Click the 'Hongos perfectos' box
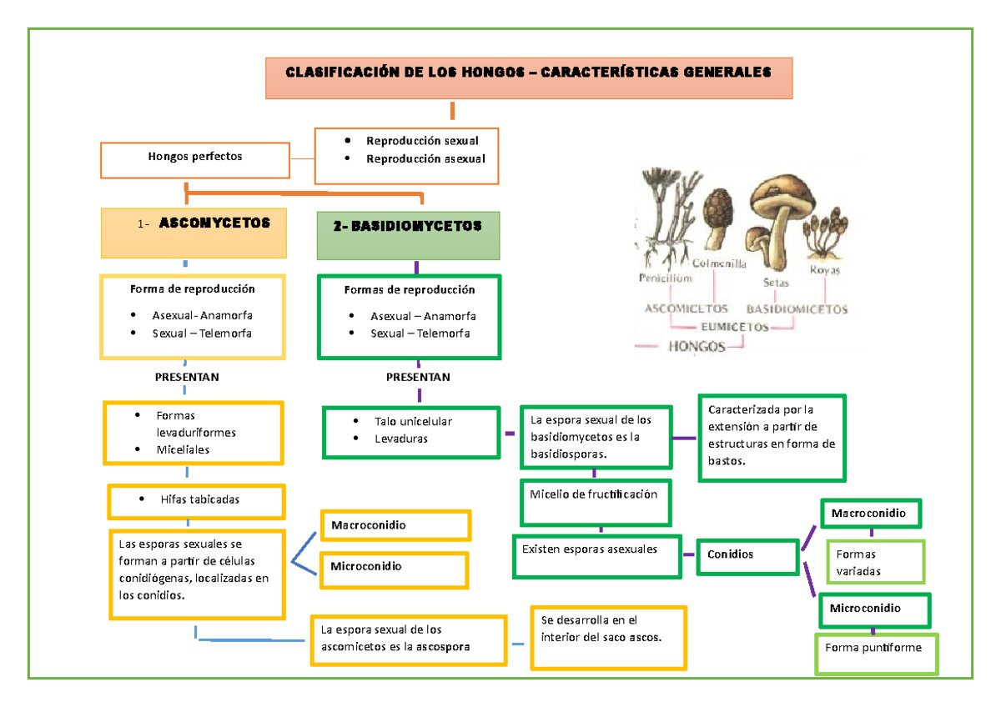(x=195, y=160)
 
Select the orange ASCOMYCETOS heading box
(x=194, y=233)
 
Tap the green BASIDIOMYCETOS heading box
(x=408, y=235)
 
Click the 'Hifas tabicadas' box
(x=196, y=502)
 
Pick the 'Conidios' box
(x=747, y=556)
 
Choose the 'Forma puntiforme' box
(x=876, y=654)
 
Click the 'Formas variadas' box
(x=875, y=561)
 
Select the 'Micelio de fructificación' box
(x=596, y=503)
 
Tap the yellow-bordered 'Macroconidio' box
(x=395, y=525)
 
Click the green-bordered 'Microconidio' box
(x=874, y=610)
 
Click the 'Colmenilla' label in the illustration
(x=719, y=263)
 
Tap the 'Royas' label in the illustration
(x=824, y=270)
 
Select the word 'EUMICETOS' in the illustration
(x=734, y=327)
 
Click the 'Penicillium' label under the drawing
(x=665, y=278)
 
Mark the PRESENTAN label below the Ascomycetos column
(x=187, y=377)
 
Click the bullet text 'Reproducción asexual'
(x=425, y=158)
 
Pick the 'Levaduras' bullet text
(x=401, y=439)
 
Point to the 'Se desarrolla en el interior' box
(x=608, y=638)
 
